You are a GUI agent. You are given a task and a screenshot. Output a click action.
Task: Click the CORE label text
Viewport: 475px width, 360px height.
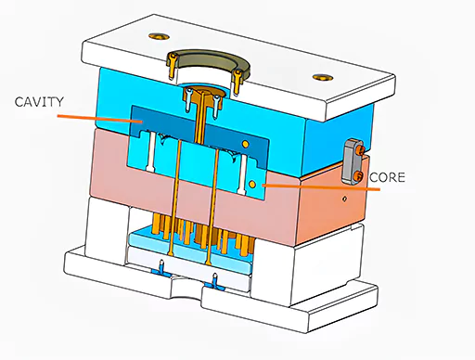point(389,175)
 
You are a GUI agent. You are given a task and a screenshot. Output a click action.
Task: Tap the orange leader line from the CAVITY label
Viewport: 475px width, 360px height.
point(93,118)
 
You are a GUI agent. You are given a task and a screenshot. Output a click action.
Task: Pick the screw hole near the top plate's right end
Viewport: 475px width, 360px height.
point(320,76)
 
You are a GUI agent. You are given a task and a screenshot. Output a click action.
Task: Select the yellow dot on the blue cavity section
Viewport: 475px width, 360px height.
point(243,145)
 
